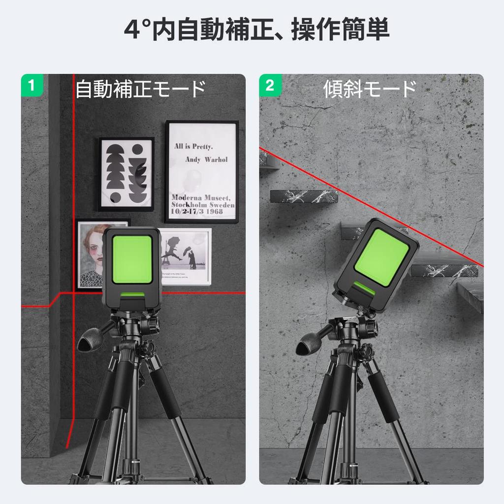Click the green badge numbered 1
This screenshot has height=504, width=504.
tap(32, 85)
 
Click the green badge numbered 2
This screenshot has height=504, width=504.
tap(270, 85)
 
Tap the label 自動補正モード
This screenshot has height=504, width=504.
tap(140, 90)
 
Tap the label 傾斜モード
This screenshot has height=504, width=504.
tap(370, 90)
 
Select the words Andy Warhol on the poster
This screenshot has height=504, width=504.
tap(206, 159)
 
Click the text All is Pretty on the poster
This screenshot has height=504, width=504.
tap(193, 147)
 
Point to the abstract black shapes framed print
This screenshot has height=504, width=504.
tap(126, 174)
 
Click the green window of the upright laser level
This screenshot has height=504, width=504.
tap(131, 259)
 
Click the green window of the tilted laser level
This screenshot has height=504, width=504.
tap(381, 257)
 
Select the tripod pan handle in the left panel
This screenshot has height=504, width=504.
tap(92, 342)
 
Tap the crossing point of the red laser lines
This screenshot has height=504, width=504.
tap(74, 292)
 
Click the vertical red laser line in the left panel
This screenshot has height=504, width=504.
tap(73, 197)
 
